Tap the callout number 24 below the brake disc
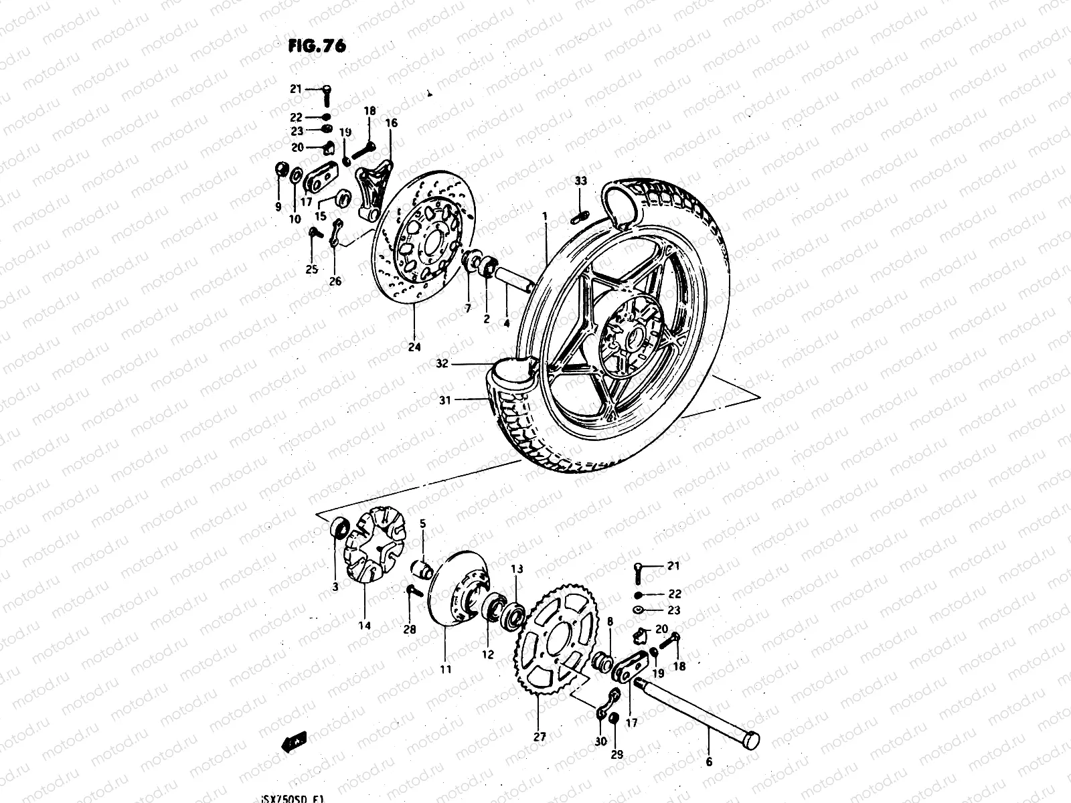[414, 347]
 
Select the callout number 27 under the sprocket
[540, 737]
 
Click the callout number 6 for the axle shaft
[709, 762]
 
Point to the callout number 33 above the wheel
[580, 181]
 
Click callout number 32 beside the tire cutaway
[442, 365]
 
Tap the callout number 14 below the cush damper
[363, 626]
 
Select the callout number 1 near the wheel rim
[545, 216]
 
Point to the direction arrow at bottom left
[294, 741]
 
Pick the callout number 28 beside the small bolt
[409, 630]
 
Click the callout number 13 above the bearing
[517, 569]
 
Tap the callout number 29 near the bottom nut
[616, 754]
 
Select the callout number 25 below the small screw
[312, 270]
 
